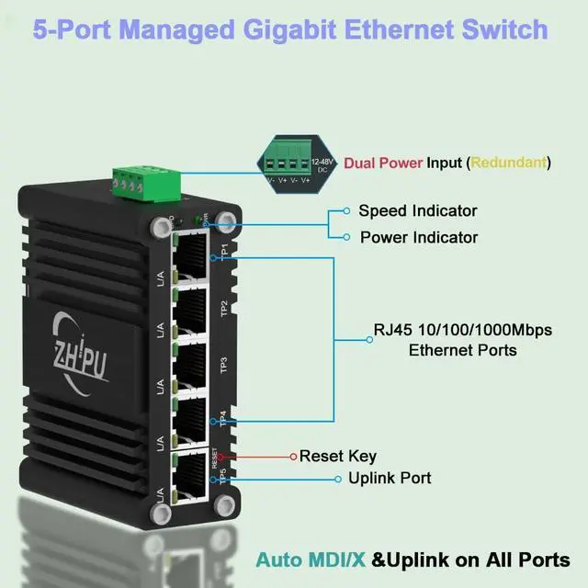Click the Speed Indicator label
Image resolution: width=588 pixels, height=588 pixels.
[418, 210]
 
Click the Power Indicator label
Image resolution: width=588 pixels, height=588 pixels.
[418, 237]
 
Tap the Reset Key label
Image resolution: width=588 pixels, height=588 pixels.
[338, 456]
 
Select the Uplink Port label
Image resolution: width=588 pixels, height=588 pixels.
[390, 478]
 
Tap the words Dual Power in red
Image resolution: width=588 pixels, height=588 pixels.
[383, 163]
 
